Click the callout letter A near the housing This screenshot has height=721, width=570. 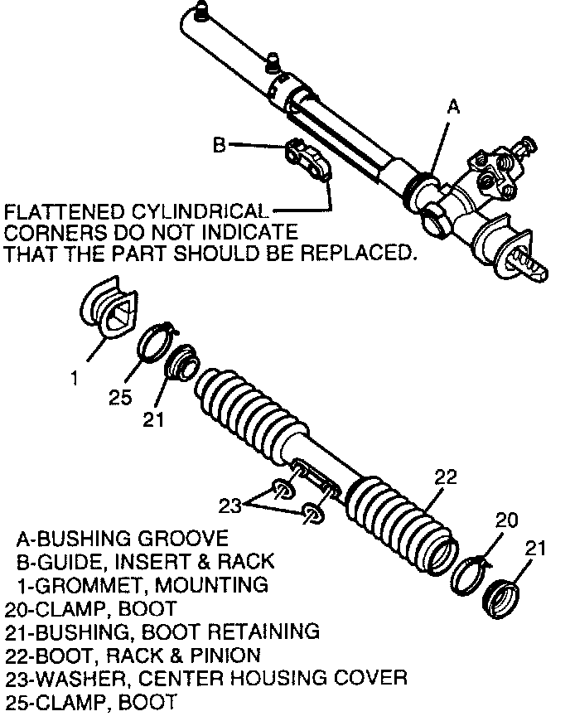click(452, 107)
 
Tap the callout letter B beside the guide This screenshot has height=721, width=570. click(219, 145)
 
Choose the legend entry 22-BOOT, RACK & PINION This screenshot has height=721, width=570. click(133, 655)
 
